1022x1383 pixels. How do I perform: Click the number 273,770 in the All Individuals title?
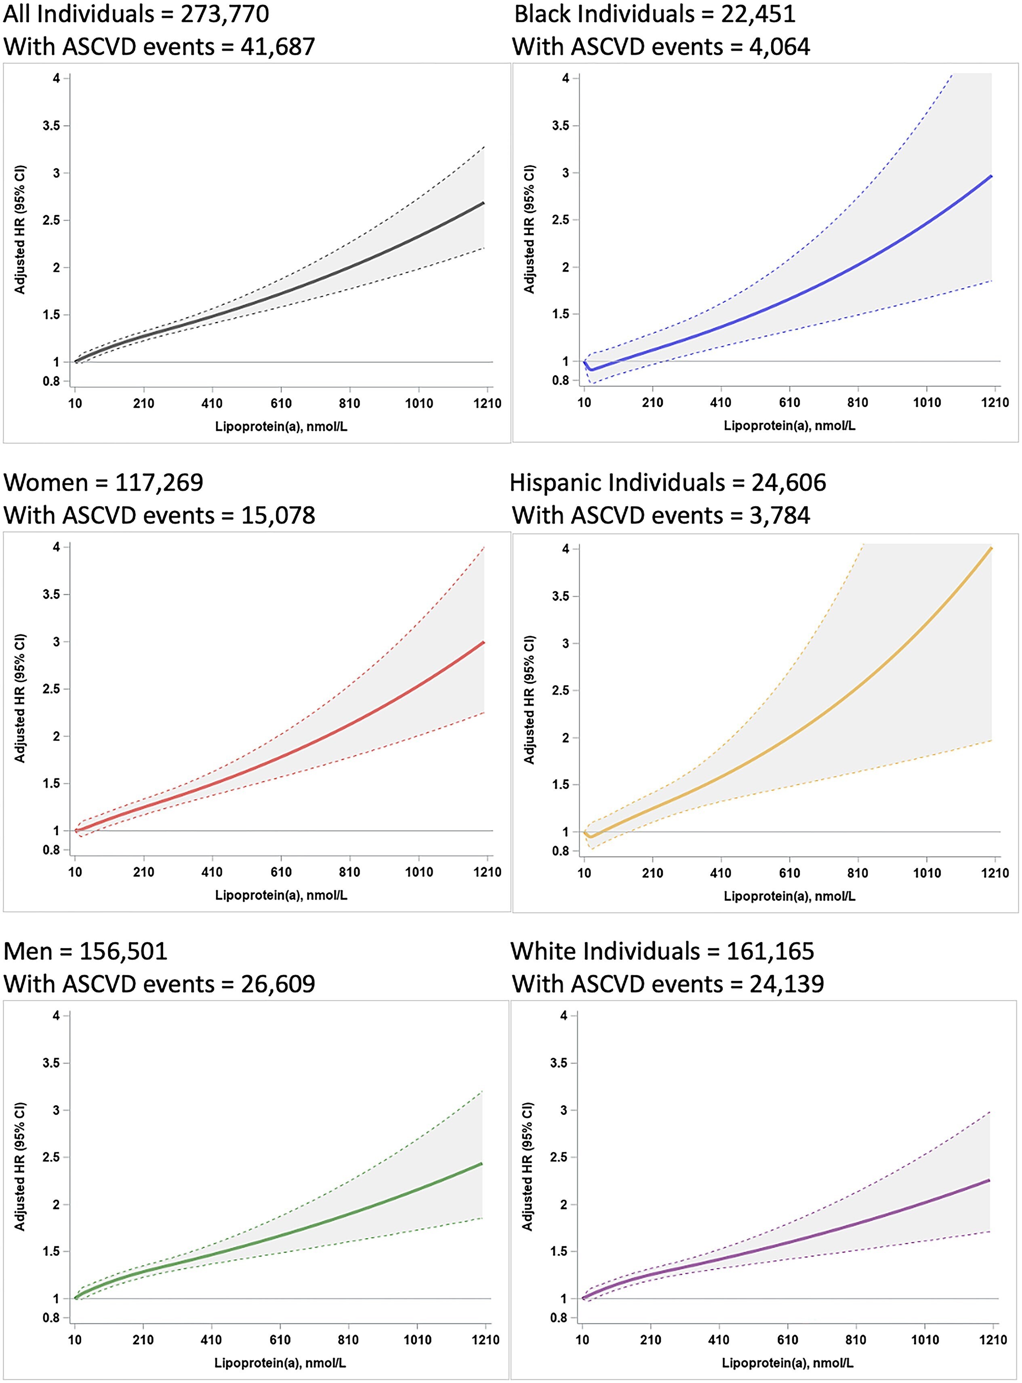225,14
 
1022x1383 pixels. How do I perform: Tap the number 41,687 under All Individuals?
277,47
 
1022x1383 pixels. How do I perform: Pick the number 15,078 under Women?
277,515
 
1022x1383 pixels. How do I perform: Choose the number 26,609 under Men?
277,984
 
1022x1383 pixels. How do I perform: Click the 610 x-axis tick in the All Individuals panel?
281,404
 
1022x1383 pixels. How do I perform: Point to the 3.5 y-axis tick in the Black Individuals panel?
561,126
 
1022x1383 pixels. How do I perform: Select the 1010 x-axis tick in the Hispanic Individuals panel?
926,873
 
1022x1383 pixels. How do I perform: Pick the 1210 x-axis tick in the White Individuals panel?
994,1340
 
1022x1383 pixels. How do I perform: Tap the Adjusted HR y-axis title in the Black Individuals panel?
530,229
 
